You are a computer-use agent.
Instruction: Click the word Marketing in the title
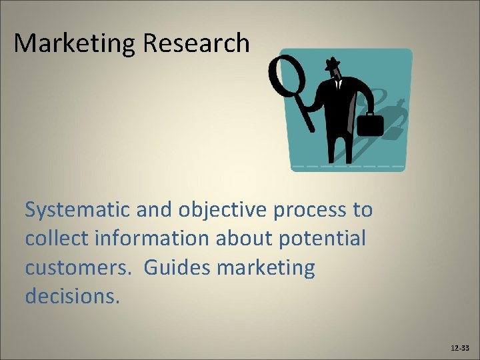[75, 44]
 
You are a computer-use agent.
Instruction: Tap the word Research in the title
[196, 44]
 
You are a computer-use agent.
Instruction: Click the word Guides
[175, 268]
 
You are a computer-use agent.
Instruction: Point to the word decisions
[73, 296]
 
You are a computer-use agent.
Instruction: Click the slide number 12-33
[459, 348]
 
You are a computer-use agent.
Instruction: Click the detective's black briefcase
[371, 125]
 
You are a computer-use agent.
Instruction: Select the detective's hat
[331, 65]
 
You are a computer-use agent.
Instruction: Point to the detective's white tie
[338, 85]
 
